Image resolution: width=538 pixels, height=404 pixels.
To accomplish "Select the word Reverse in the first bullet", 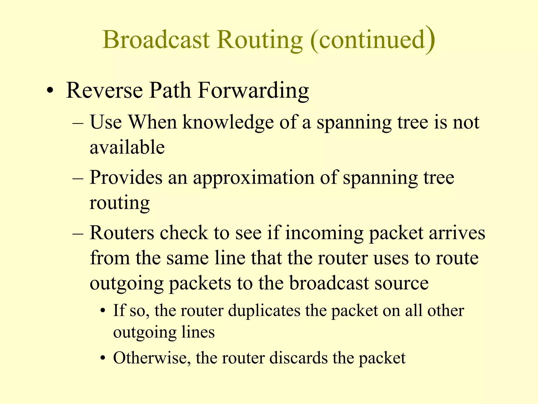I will click(x=105, y=90).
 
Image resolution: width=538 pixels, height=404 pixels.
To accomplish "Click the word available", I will click(x=127, y=147).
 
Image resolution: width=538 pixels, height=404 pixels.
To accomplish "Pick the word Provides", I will click(x=126, y=178).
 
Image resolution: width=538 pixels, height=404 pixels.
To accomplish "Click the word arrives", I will click(x=457, y=233).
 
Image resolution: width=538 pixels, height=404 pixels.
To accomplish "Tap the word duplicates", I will click(x=264, y=311).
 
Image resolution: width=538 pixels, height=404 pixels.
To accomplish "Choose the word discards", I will click(x=298, y=358).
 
